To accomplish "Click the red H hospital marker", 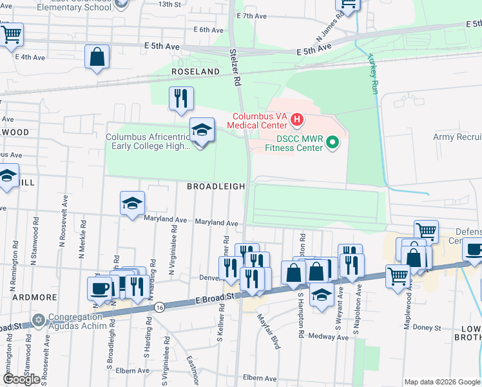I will pos(297,119).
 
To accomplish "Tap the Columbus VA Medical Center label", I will pos(260,121).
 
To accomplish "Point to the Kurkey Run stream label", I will pos(372,75).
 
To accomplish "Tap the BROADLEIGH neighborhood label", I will pos(216,186).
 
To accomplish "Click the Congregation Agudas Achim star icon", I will pos(39,319).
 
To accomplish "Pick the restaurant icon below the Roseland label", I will pos(180,98).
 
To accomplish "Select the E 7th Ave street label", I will pos(252,15).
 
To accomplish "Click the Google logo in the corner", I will pos(21,379).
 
